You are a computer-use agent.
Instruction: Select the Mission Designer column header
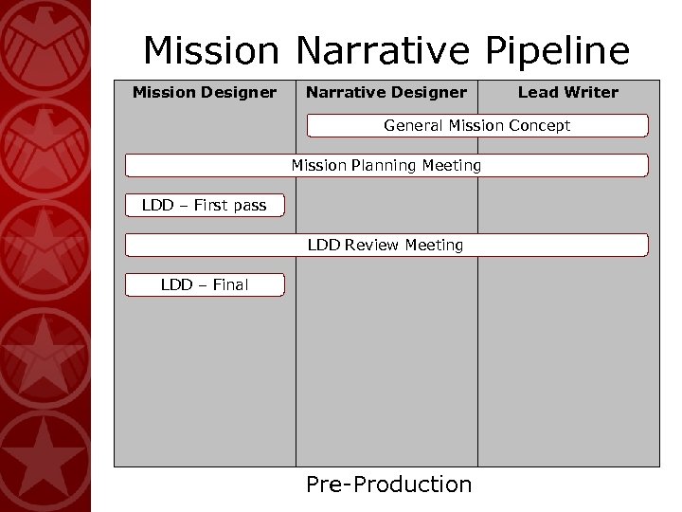coord(205,92)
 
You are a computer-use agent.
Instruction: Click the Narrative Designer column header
coord(386,92)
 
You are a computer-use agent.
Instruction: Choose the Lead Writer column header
coord(567,92)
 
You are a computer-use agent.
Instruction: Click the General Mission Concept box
coord(476,125)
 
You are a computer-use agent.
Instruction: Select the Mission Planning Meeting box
coord(386,166)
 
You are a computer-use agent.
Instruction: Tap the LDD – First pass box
coord(205,205)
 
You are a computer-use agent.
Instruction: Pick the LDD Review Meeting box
coord(386,246)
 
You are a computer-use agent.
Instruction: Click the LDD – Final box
coord(205,284)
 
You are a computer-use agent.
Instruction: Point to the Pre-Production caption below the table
coord(388,485)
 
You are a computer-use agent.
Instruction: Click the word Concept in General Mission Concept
coord(540,125)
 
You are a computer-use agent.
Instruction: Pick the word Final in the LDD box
coord(228,284)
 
